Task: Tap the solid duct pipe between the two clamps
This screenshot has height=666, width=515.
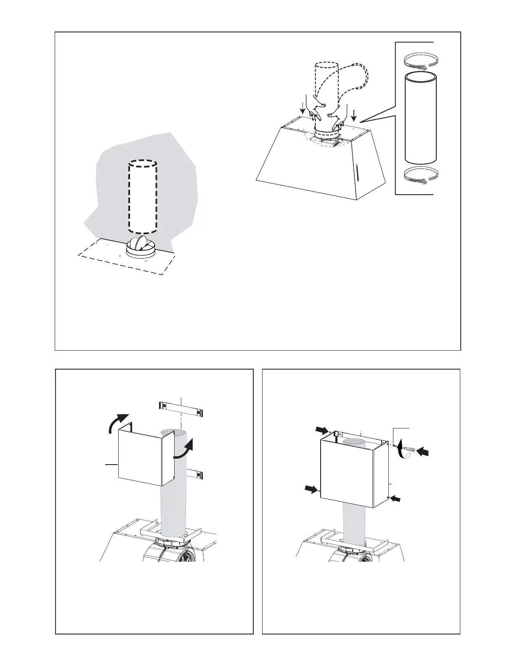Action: pos(421,118)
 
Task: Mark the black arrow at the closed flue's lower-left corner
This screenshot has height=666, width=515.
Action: pos(311,489)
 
